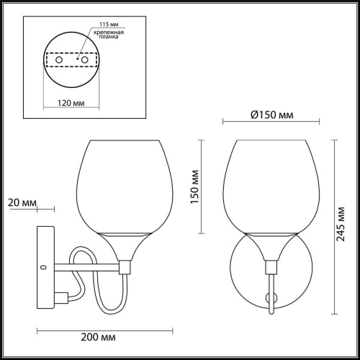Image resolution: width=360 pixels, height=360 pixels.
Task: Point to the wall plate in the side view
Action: tap(45, 267)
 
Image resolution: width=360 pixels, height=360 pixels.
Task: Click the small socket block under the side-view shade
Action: tap(125, 267)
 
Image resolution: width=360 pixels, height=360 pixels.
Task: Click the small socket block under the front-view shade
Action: tap(272, 267)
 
